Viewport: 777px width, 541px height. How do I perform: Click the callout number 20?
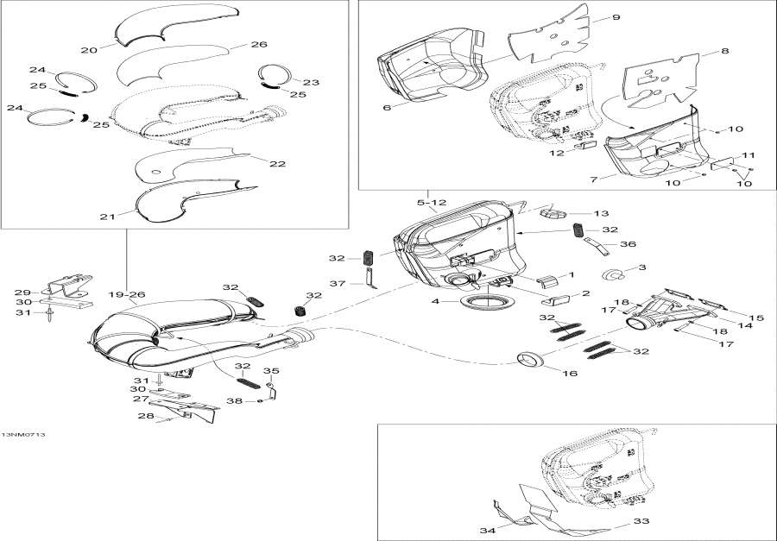click(x=88, y=50)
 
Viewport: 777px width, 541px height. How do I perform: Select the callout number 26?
click(x=259, y=44)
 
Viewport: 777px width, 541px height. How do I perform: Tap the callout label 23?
click(x=311, y=83)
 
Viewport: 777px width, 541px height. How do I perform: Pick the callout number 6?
click(x=386, y=108)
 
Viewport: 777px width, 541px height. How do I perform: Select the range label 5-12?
click(x=432, y=203)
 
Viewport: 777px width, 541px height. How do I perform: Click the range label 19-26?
click(x=127, y=295)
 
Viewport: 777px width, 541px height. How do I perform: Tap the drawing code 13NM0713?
click(x=23, y=434)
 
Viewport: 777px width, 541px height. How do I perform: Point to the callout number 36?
click(x=629, y=244)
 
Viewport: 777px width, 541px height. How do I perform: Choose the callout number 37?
click(x=338, y=283)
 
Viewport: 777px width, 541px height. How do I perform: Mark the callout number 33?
click(x=643, y=521)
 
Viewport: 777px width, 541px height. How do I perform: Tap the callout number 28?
click(x=147, y=417)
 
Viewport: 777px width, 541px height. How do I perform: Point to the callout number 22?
click(x=277, y=164)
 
